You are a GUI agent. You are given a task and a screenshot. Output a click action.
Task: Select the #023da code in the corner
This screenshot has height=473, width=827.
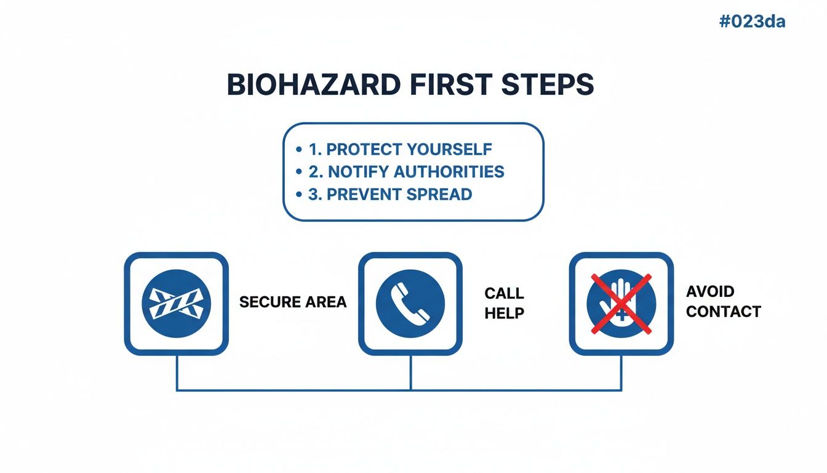(x=752, y=22)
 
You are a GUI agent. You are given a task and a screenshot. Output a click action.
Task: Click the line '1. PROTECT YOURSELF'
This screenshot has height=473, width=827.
(x=400, y=150)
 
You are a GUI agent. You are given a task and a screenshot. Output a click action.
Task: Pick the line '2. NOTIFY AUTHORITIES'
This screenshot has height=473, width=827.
(x=406, y=172)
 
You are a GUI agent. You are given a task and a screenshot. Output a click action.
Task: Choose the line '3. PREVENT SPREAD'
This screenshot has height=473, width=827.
(x=390, y=195)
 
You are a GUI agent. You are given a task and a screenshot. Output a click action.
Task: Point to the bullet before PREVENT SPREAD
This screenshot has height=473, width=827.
(x=298, y=195)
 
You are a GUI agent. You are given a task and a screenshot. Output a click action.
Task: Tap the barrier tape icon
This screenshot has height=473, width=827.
(x=177, y=303)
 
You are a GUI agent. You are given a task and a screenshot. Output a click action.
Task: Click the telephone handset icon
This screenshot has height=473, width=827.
(x=410, y=303)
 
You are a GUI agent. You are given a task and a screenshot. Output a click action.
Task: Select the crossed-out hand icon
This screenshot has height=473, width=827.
(x=621, y=303)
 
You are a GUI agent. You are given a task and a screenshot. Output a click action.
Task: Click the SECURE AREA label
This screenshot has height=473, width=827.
(x=293, y=302)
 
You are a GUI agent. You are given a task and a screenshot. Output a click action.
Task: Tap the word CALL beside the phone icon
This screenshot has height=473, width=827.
(x=504, y=293)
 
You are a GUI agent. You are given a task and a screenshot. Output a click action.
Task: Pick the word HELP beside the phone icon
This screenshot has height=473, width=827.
(x=504, y=313)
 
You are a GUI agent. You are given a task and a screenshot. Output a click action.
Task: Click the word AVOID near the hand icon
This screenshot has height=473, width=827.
(x=710, y=291)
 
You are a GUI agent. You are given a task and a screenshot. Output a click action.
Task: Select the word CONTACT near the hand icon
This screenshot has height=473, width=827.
(x=724, y=312)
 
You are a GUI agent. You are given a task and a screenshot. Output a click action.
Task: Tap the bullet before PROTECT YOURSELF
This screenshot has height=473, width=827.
(x=298, y=150)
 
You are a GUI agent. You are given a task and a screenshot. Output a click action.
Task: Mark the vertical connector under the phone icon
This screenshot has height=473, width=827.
(x=410, y=372)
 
